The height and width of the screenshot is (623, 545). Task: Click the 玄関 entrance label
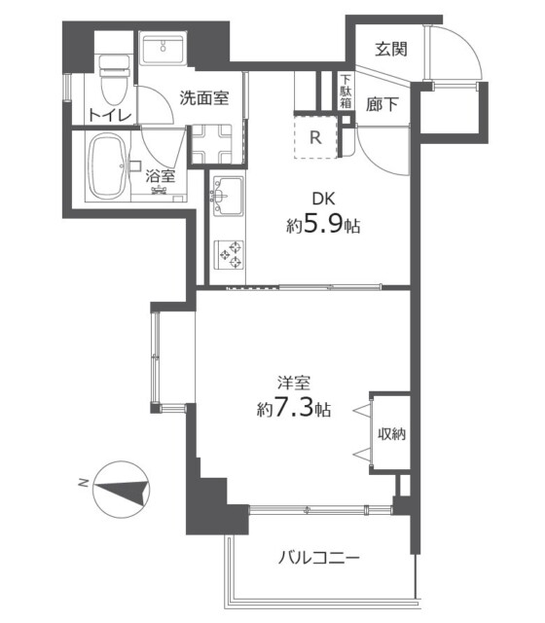pyautogui.click(x=393, y=49)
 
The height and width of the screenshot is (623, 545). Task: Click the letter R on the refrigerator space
pyautogui.click(x=315, y=138)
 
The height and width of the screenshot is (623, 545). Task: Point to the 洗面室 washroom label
pyautogui.click(x=204, y=97)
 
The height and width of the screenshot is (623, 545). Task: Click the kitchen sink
pyautogui.click(x=226, y=193)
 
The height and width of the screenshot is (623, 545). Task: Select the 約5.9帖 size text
pyautogui.click(x=324, y=226)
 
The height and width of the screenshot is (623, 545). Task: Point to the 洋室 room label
pyautogui.click(x=294, y=385)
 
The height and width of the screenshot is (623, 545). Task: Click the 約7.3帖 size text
pyautogui.click(x=294, y=410)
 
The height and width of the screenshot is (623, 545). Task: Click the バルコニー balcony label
pyautogui.click(x=319, y=558)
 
